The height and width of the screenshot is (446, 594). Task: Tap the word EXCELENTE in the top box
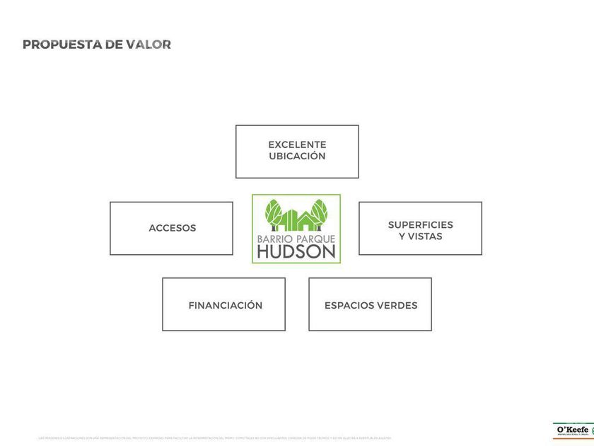click(297, 144)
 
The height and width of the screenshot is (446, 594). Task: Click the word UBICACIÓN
click(297, 156)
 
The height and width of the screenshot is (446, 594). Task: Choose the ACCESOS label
click(172, 228)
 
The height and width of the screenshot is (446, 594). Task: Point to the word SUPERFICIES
click(420, 224)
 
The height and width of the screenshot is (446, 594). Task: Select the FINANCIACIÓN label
click(225, 305)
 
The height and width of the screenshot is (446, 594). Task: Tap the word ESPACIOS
click(349, 305)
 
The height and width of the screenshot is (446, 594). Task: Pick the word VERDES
click(396, 305)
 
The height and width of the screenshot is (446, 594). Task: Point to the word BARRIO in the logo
click(272, 239)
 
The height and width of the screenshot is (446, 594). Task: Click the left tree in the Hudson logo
click(273, 213)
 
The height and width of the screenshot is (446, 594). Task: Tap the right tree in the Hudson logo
click(320, 212)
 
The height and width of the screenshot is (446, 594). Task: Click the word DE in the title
click(114, 45)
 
